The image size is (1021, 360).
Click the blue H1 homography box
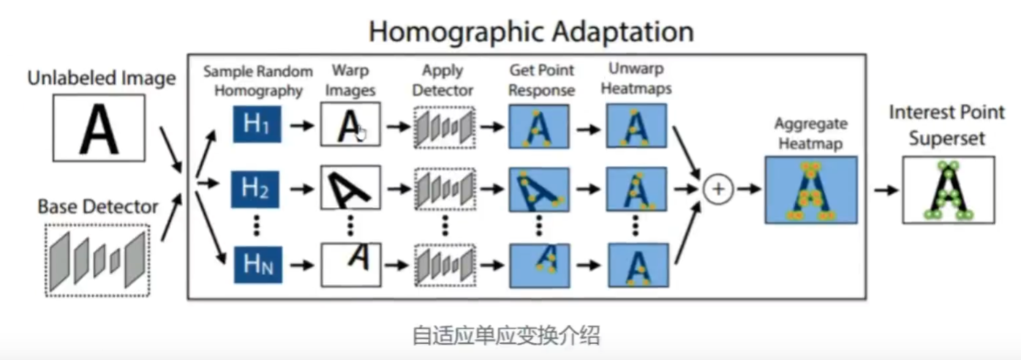pos(257,125)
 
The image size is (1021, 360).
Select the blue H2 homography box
pos(257,189)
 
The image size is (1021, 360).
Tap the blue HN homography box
pos(257,264)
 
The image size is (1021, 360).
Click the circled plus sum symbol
pos(718,189)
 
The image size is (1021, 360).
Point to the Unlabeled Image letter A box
pos(99,128)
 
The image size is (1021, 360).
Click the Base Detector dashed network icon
pos(97,259)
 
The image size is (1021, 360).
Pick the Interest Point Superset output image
pos(947,189)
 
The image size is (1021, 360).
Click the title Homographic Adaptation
pos(530,31)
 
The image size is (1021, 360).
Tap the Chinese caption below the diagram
pos(506,336)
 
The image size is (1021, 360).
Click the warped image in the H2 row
pos(350,189)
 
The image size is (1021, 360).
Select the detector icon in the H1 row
pos(444,126)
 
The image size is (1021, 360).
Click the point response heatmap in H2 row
pos(538,189)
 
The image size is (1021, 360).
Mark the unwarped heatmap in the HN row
pos(636,264)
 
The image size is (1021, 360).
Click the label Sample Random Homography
pos(257,80)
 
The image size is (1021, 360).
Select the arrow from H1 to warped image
pos(300,125)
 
